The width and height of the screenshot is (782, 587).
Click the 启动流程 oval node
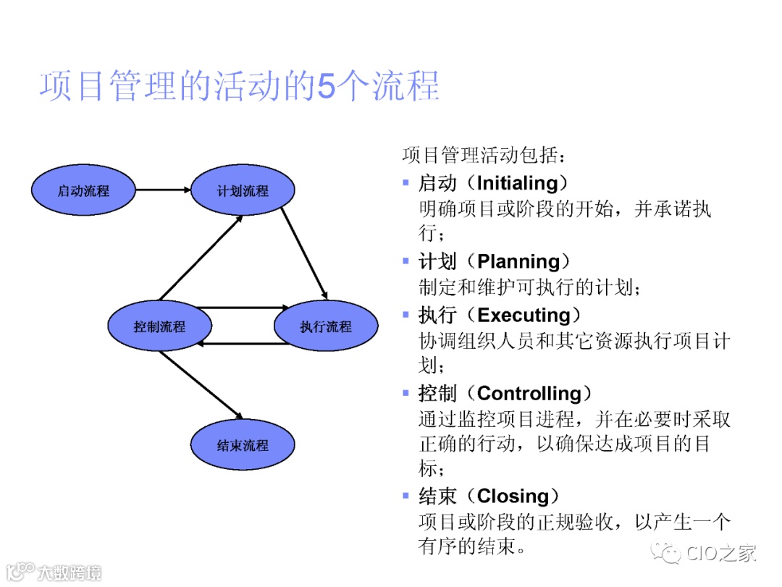[83, 191]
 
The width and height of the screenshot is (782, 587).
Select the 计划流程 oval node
[243, 191]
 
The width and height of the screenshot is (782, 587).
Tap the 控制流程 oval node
[159, 326]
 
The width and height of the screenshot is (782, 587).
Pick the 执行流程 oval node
[326, 326]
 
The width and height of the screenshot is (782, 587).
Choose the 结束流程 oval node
[243, 445]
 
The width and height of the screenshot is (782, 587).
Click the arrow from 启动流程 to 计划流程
[163, 191]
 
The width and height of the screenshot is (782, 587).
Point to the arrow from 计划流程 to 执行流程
[304, 253]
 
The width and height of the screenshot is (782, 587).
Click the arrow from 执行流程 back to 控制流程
[243, 343]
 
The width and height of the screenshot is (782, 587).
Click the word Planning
[518, 261]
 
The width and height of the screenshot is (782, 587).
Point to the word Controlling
[529, 394]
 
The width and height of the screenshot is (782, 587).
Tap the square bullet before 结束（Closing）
[406, 496]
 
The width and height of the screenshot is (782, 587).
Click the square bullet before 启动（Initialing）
[406, 182]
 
